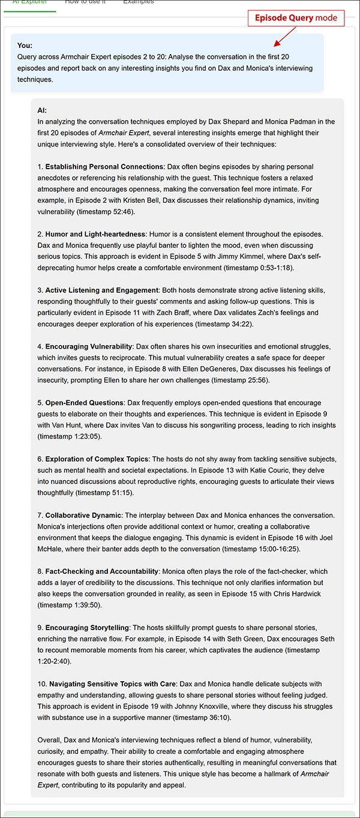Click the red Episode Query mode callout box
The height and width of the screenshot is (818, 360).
[296, 18]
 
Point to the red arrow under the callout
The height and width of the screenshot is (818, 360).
[283, 37]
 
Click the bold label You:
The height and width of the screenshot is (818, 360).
[25, 46]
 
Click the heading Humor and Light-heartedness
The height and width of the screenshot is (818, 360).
[95, 234]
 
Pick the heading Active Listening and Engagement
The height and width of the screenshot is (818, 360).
[101, 290]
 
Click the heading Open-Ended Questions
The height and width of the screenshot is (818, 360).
[85, 403]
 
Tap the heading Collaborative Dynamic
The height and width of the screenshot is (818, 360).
[83, 516]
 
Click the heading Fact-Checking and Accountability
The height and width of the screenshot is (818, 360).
[102, 571]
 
